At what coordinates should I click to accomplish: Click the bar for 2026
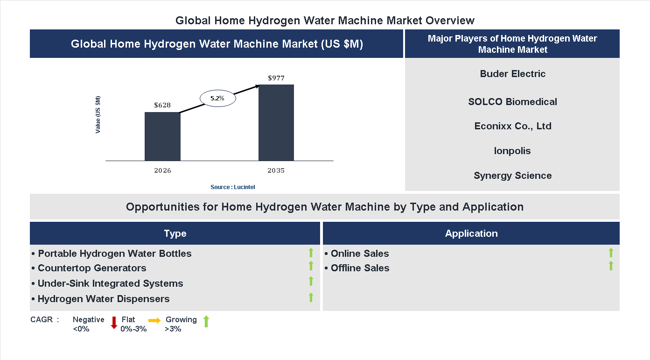(x=162, y=136)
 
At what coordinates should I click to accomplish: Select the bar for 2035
(x=276, y=123)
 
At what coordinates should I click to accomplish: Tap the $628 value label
(x=162, y=105)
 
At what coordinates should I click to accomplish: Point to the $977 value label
(x=276, y=78)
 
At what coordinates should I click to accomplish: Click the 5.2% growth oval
(x=218, y=99)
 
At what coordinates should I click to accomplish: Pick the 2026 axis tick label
(x=162, y=170)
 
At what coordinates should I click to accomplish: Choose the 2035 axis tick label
(x=276, y=170)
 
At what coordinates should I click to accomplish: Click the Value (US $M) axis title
(x=98, y=114)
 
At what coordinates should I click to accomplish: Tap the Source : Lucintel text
(x=233, y=187)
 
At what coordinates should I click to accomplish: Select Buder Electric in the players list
(x=512, y=74)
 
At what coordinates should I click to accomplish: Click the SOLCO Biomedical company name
(x=512, y=102)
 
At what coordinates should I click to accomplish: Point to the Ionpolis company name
(x=512, y=151)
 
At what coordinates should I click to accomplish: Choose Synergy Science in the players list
(x=512, y=176)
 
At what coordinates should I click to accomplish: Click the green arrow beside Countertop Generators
(x=311, y=266)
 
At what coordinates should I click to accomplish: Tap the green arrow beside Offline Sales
(x=611, y=266)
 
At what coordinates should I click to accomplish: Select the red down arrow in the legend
(x=114, y=323)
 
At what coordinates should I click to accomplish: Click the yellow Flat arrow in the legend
(x=154, y=320)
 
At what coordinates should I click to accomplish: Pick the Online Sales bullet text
(x=359, y=254)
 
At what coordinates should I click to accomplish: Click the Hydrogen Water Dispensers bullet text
(x=103, y=299)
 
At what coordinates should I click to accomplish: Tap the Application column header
(x=471, y=233)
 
